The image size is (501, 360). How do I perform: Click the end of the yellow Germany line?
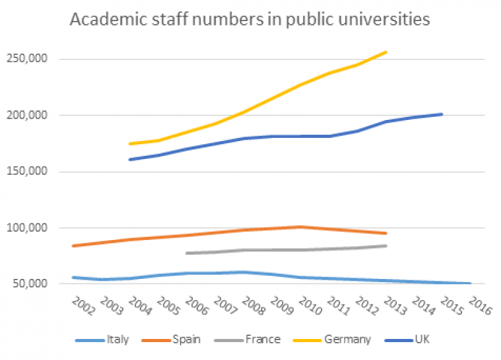tap(386, 52)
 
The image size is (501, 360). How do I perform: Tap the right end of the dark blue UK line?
tap(442, 114)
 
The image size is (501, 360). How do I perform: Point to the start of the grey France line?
tap(186, 253)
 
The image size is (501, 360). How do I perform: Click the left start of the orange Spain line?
tap(73, 246)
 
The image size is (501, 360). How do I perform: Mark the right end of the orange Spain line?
tap(386, 233)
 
